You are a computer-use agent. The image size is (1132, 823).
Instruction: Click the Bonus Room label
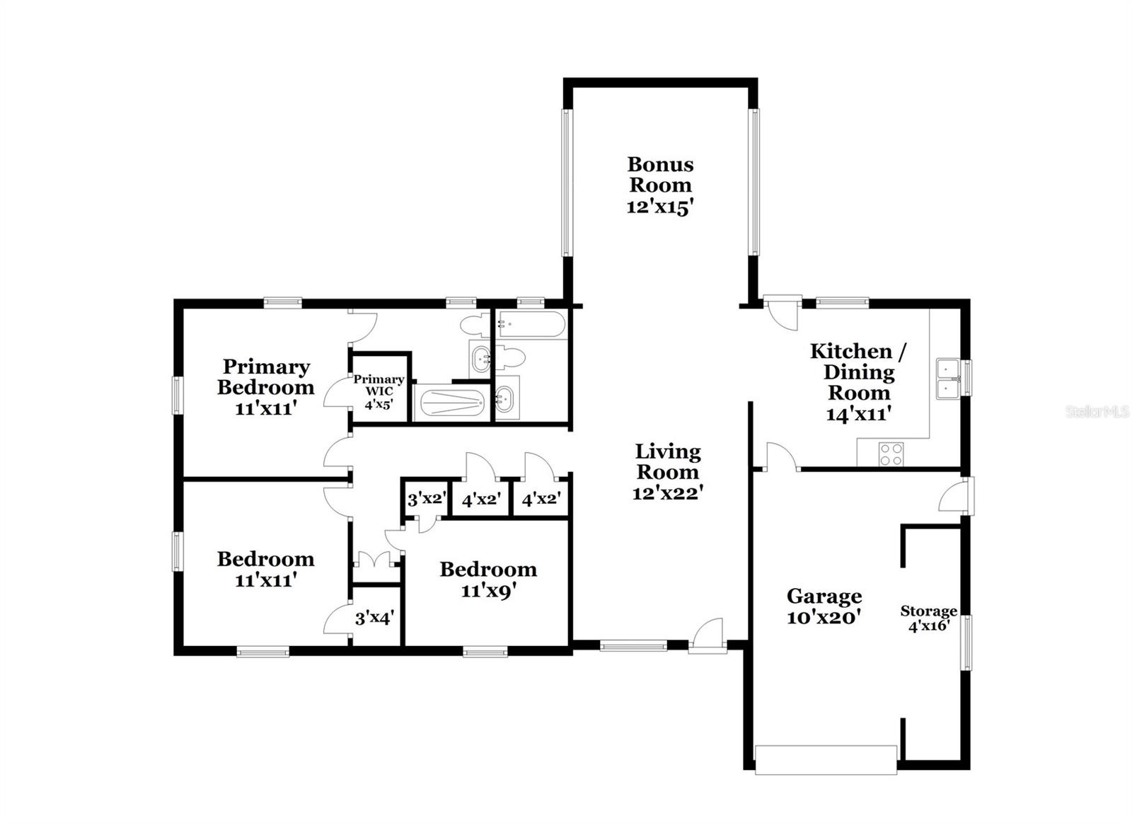tap(660, 175)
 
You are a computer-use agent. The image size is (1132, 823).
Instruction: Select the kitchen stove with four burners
tap(891, 454)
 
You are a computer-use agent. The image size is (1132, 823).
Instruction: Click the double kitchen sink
tap(947, 379)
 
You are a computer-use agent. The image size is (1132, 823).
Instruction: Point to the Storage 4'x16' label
tap(928, 618)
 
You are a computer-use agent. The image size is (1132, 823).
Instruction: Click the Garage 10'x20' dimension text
tap(824, 618)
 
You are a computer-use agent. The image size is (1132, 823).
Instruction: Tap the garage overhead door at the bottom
tap(826, 759)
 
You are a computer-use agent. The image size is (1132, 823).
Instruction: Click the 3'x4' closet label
tap(374, 618)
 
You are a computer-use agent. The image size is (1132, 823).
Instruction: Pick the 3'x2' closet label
tap(426, 499)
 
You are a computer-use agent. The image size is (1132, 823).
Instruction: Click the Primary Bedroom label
tap(265, 376)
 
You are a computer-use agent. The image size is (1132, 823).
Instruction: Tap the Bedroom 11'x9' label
tap(487, 580)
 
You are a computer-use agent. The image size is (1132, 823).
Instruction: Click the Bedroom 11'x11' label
tap(265, 569)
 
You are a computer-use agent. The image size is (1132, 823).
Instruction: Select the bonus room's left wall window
tap(566, 182)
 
